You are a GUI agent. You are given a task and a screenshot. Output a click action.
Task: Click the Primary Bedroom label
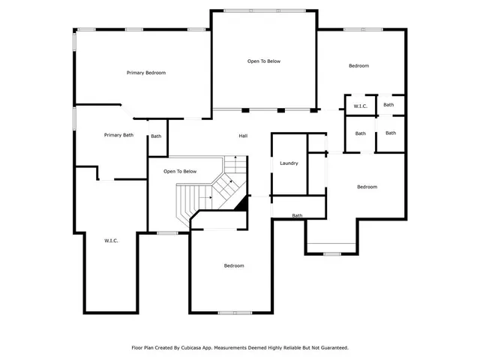[145, 73]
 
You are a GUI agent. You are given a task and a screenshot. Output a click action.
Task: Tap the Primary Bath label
[118, 135]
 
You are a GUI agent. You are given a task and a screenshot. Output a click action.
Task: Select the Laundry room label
[289, 163]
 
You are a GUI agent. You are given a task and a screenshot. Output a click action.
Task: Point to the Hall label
[243, 136]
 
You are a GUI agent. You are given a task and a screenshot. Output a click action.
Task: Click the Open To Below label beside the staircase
[180, 171]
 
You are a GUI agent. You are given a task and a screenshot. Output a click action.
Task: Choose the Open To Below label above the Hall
[264, 61]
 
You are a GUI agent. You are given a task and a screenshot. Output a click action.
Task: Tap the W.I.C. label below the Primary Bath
[111, 240]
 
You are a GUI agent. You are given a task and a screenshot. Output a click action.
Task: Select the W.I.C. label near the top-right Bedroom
[360, 106]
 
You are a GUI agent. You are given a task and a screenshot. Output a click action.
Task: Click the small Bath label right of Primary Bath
[156, 136]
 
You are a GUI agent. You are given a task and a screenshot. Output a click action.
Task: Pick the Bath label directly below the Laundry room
[298, 216]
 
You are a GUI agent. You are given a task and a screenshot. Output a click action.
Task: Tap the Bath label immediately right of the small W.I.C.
[388, 105]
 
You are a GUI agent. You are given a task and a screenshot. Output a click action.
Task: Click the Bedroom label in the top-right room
[358, 66]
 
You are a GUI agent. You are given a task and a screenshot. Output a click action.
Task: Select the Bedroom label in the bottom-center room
[234, 265]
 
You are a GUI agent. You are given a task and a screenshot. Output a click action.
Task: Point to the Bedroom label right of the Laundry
[367, 187]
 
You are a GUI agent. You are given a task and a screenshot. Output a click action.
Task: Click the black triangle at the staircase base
[242, 202]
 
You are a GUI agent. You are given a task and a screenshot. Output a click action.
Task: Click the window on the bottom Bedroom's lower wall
[234, 312]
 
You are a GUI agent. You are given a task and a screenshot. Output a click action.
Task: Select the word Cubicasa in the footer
[195, 348]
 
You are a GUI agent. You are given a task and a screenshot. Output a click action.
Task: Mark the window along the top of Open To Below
[264, 10]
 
